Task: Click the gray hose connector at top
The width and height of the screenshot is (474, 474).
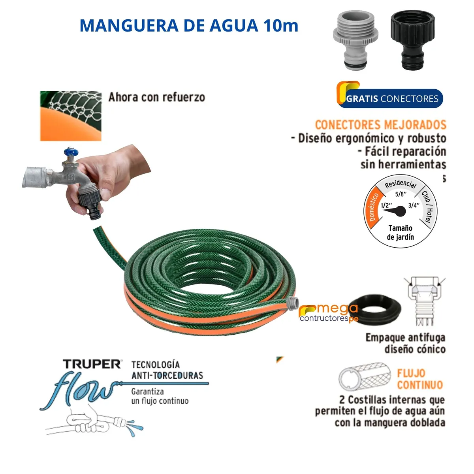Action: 355,41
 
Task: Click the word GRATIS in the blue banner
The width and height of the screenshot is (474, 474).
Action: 362,99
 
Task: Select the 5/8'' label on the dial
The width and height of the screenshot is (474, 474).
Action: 401,194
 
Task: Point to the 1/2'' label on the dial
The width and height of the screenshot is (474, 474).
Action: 386,205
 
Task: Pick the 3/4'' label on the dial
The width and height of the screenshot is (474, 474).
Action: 414,205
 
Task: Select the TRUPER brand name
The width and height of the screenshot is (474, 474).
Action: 92,364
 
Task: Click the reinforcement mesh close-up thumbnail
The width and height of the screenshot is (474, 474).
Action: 71,116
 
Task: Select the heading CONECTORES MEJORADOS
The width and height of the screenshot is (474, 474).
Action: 380,125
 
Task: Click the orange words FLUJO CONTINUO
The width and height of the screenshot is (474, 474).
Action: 419,379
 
